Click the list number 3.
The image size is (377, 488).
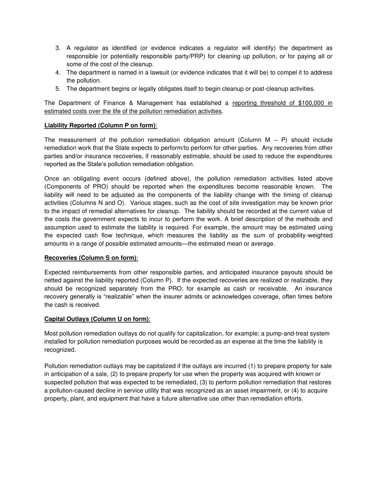tap(58, 48)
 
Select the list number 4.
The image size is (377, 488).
tap(58, 73)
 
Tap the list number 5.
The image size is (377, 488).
tap(58, 89)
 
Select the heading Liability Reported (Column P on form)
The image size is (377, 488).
tap(100, 126)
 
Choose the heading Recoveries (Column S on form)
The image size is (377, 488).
tap(90, 258)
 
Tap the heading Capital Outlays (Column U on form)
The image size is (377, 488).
tap(97, 319)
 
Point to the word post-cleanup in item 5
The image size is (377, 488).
tap(254, 89)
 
